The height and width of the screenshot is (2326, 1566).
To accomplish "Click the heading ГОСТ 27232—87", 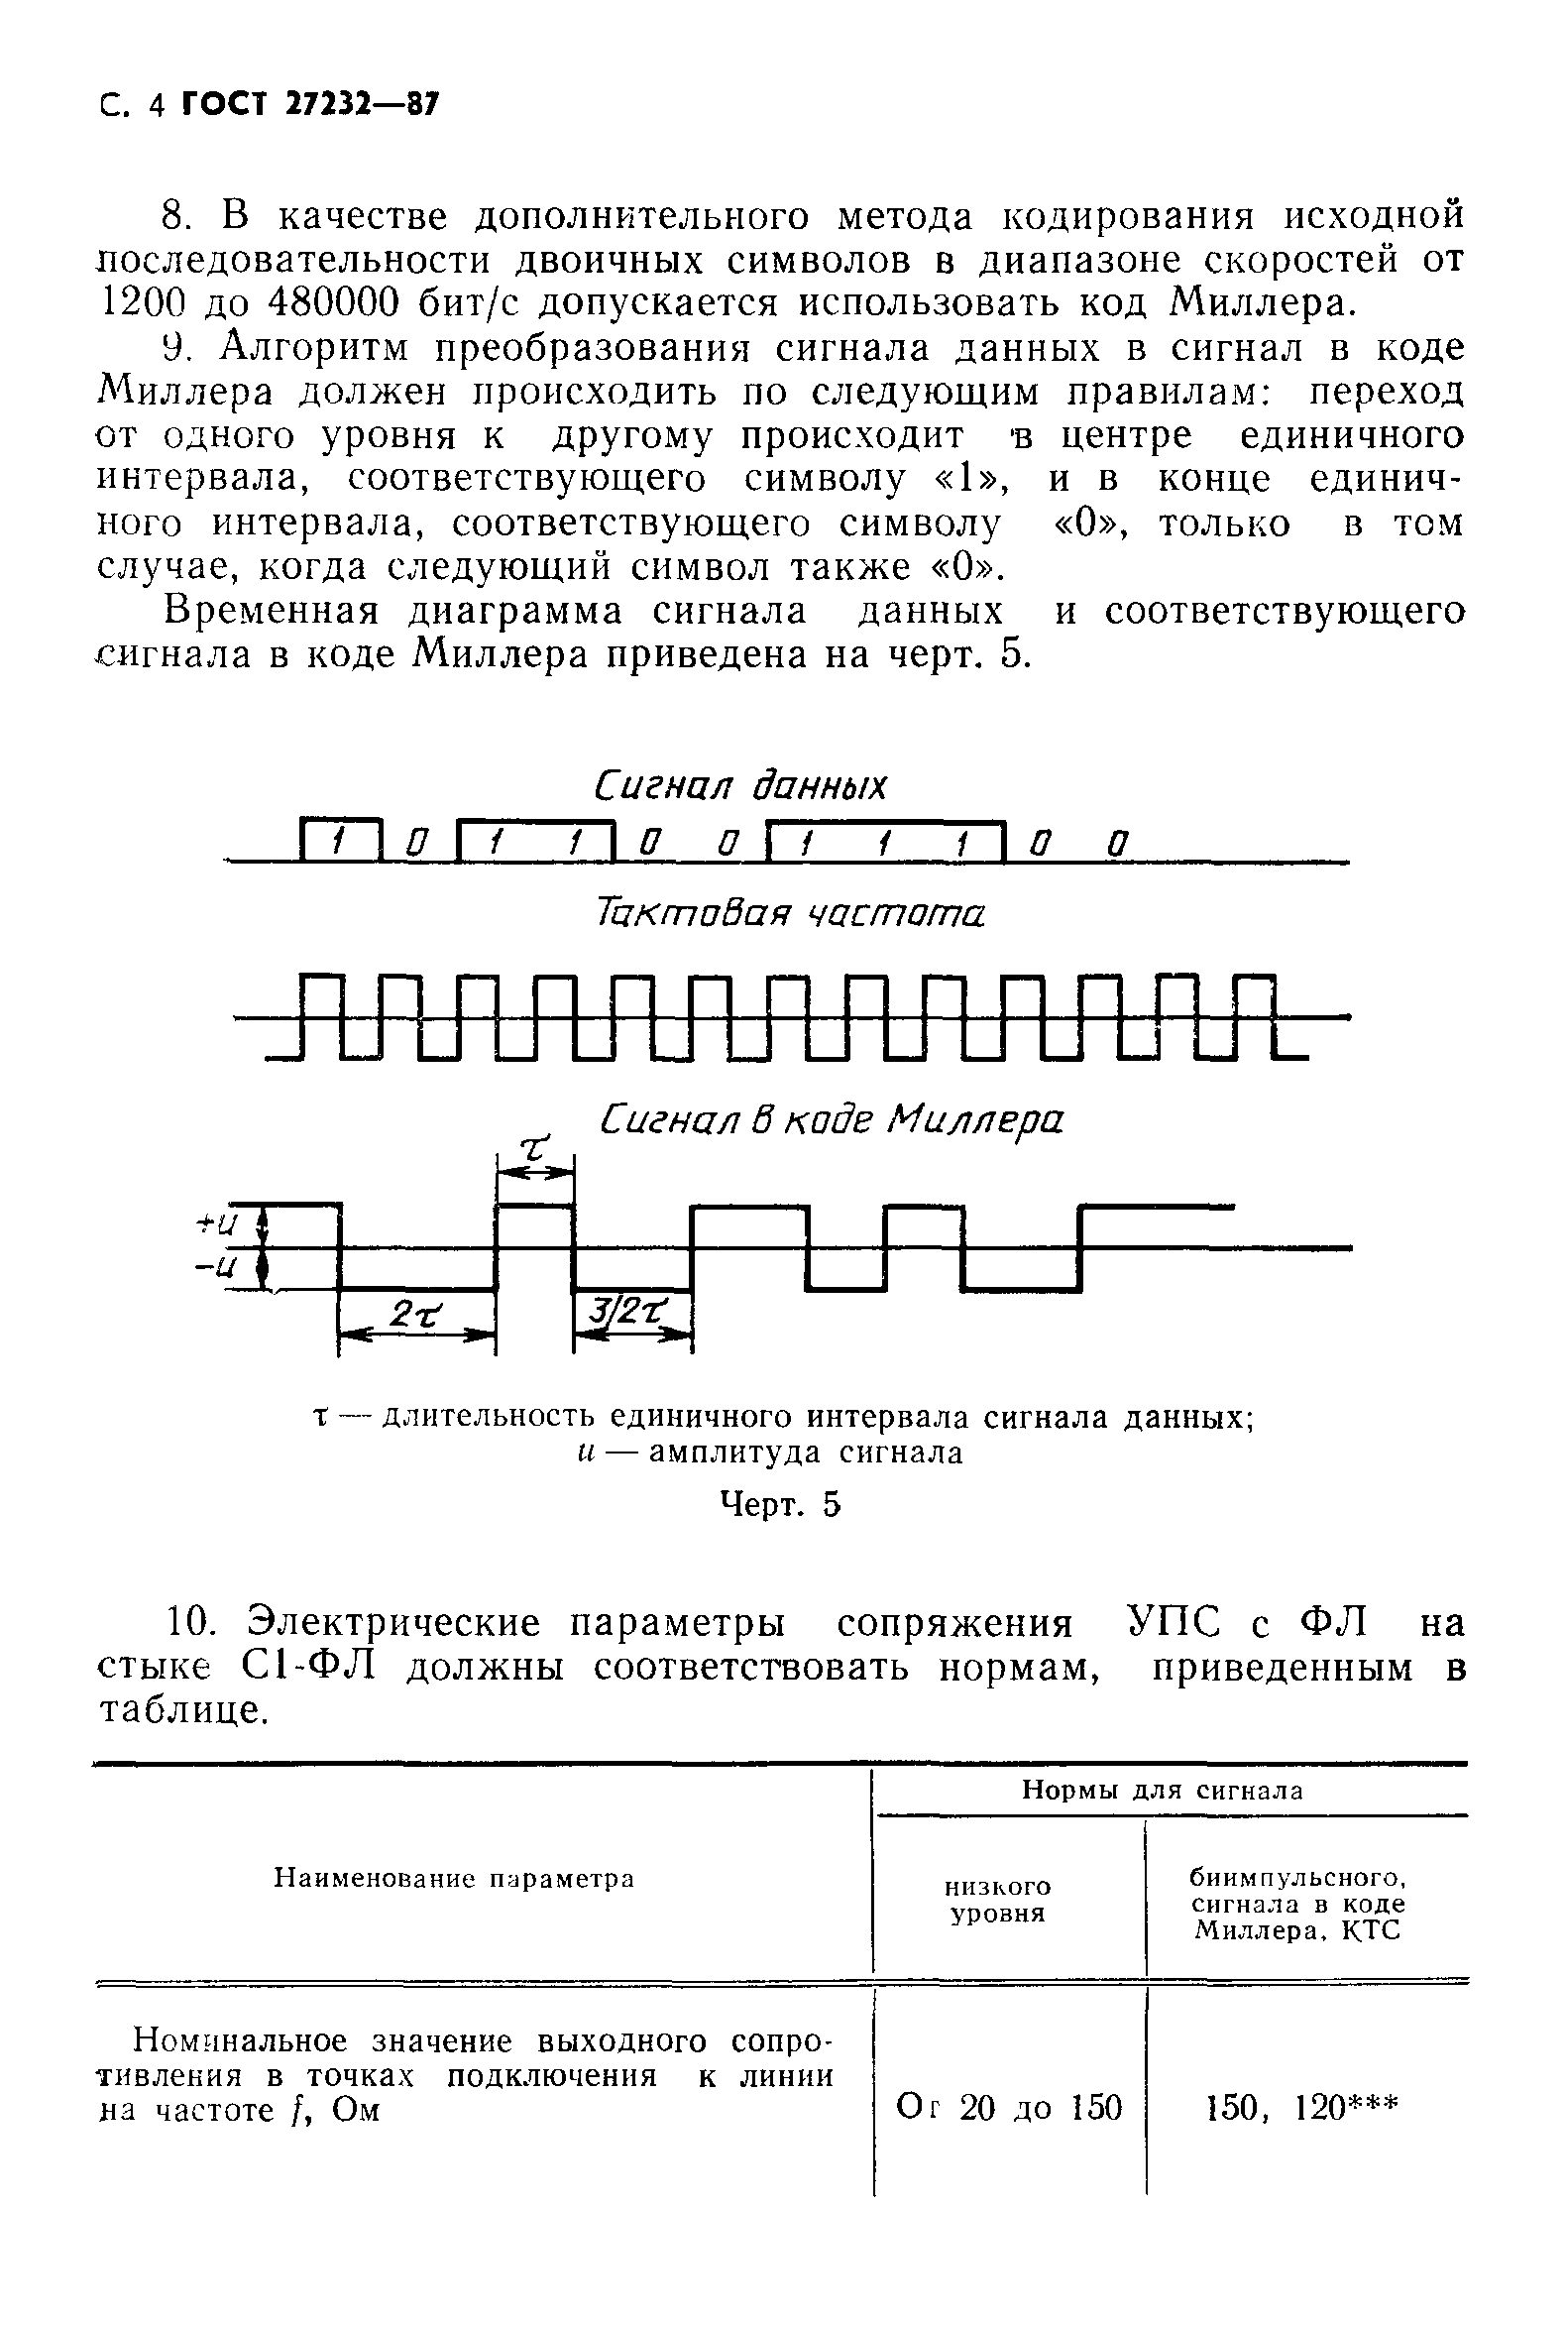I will coord(309,105).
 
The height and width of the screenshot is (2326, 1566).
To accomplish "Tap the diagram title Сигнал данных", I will coord(739,786).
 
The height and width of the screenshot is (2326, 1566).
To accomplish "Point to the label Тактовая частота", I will coord(789,913).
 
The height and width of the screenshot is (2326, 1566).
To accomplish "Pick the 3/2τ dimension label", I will coord(629,1311).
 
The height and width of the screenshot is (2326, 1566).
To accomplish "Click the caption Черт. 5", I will coord(780,1505).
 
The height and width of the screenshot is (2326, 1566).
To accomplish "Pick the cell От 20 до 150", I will coord(1009,2107).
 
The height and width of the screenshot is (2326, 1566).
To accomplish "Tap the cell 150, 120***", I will coord(1301,2107).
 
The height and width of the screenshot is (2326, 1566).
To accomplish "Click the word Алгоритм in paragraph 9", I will coord(315,348).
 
